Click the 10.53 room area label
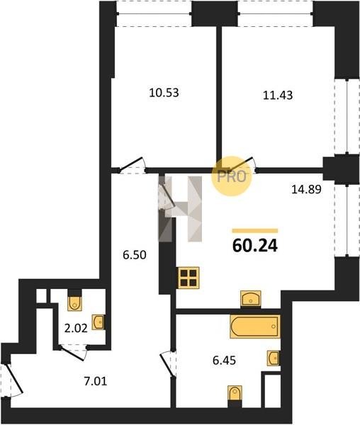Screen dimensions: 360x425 pyautogui.click(x=164, y=93)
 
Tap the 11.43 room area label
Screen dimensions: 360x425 pyautogui.click(x=278, y=95)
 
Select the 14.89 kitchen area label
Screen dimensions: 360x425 pyautogui.click(x=306, y=189)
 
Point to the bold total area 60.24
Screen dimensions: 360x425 pyautogui.click(x=255, y=246)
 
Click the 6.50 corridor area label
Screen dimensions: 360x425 pyautogui.click(x=135, y=255)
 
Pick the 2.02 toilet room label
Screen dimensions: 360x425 pyautogui.click(x=76, y=329)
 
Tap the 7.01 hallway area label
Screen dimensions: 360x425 pyautogui.click(x=96, y=381)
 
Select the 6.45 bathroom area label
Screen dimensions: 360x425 pyautogui.click(x=224, y=361)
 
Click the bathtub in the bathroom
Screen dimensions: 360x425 pyautogui.click(x=255, y=327)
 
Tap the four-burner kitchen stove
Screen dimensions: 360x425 pyautogui.click(x=189, y=278)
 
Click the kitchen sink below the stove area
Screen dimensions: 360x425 pyautogui.click(x=251, y=299)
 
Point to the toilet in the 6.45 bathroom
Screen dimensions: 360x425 pyautogui.click(x=235, y=392)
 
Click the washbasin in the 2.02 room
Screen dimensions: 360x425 pyautogui.click(x=98, y=322)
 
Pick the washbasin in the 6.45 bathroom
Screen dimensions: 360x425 pyautogui.click(x=274, y=358)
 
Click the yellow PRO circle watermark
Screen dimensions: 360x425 pyautogui.click(x=232, y=176)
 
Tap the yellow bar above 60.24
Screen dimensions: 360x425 pyautogui.click(x=255, y=231)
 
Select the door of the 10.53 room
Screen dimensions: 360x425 pyautogui.click(x=132, y=164)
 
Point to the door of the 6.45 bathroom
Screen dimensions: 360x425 pyautogui.click(x=167, y=364)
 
